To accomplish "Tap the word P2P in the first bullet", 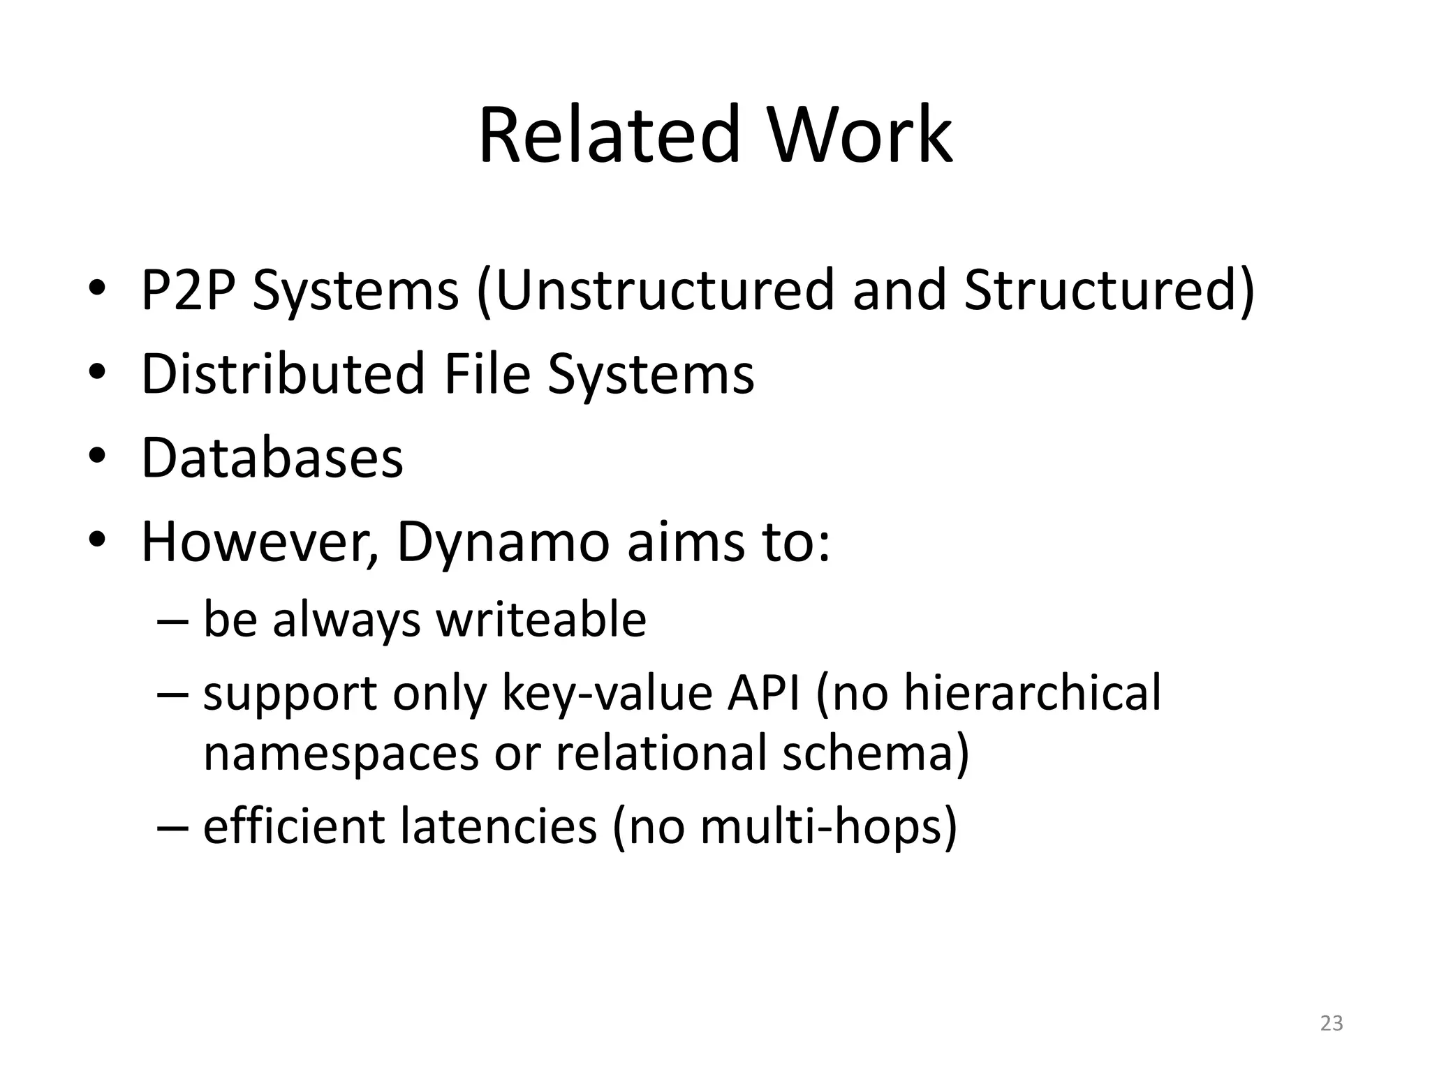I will [186, 290].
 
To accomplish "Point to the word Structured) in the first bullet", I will [1110, 290].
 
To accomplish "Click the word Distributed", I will [283, 373].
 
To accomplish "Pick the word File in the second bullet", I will [487, 373].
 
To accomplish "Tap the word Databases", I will [272, 458].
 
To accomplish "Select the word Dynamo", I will [503, 543].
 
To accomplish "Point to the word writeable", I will [541, 620].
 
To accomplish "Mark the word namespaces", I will [341, 753].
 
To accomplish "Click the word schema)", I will [876, 753].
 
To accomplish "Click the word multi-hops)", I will [828, 826].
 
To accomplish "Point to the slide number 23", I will [1332, 1023].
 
